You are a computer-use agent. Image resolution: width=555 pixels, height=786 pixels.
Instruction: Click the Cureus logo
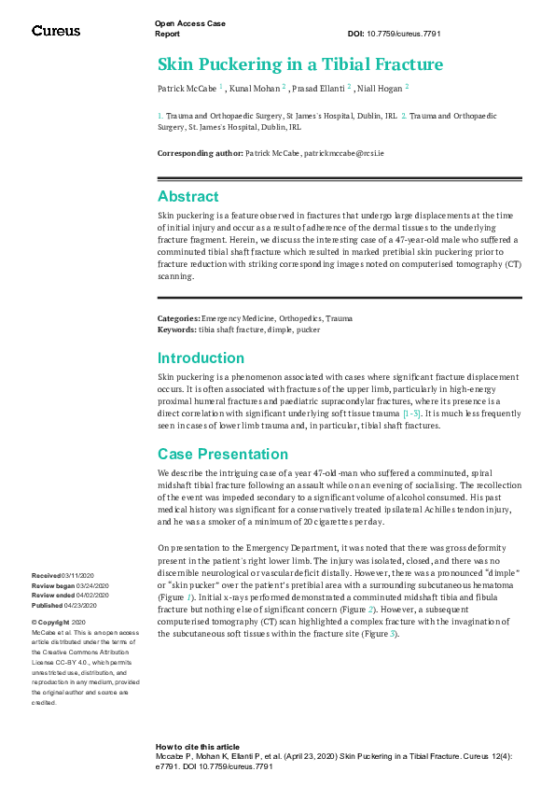[56, 31]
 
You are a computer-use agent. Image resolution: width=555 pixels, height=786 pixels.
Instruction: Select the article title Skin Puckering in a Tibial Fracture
[299, 64]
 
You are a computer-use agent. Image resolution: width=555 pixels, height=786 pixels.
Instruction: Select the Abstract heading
[188, 196]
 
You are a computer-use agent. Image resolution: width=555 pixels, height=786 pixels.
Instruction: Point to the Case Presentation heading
[223, 454]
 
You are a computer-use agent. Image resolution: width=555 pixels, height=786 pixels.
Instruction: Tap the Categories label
[178, 319]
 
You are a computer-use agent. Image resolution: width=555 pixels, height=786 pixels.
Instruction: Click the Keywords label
[176, 330]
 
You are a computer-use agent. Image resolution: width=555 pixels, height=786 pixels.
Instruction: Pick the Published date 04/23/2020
[83, 604]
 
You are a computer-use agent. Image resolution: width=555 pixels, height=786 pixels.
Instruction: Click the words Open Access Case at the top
[190, 22]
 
